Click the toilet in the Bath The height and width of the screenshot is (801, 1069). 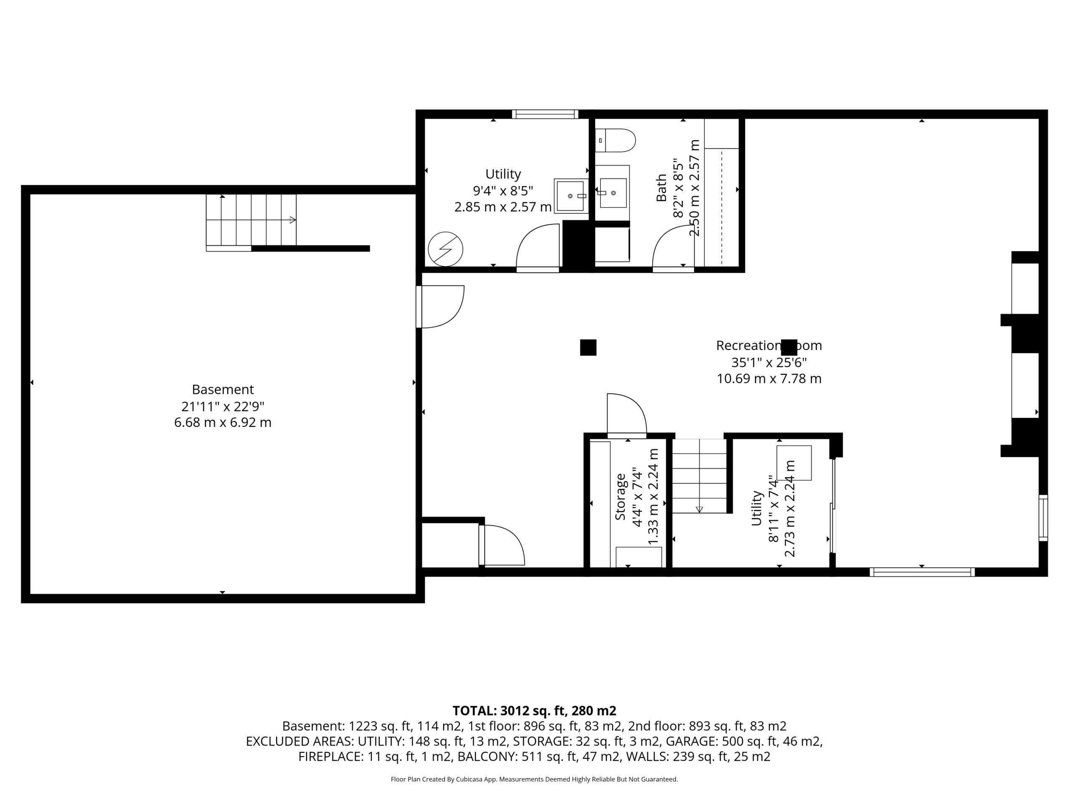[615, 141]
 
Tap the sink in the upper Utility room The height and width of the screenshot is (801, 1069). [571, 196]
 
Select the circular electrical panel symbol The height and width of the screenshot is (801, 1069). [446, 249]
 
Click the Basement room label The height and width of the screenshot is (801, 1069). [223, 389]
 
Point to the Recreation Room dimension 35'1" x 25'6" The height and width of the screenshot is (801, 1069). [769, 362]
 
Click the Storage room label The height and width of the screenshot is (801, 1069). [621, 497]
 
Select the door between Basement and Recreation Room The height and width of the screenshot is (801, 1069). [440, 307]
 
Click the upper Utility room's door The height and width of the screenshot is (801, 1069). [538, 248]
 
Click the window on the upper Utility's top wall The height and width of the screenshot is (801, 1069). [545, 114]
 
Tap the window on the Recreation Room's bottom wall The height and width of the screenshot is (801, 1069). [922, 572]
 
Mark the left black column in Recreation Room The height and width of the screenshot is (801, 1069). [588, 348]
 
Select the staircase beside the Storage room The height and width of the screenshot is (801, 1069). [700, 476]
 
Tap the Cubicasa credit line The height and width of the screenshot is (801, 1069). [534, 779]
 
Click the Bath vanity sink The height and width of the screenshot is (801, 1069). [612, 193]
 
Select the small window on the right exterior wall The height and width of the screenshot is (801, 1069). [1044, 518]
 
